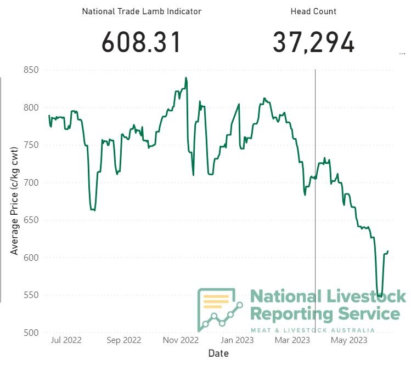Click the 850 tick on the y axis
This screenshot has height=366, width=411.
coord(31,70)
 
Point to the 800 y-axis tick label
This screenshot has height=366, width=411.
coord(31,107)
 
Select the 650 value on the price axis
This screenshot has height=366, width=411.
coord(31,220)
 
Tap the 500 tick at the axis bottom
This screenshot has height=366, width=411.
coord(31,333)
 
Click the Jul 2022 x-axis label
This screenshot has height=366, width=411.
coord(65,340)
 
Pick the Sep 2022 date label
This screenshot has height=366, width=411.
coord(123,340)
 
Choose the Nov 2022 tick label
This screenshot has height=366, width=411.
coord(181,340)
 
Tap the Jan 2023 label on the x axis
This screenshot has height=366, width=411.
coord(238,340)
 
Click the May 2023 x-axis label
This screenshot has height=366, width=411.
coord(349,340)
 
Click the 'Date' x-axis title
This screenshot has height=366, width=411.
coord(218,353)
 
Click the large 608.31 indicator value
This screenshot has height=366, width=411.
coord(142,43)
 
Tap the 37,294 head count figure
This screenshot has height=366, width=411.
coord(314,43)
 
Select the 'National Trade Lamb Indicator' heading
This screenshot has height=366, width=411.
coord(142,11)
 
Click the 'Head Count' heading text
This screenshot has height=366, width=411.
coord(313,11)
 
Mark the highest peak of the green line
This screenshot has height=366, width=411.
coord(186,78)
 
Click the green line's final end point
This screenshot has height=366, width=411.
coord(388,251)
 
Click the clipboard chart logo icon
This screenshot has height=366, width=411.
coord(219,310)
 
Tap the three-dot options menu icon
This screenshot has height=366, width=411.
coord(402,54)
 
